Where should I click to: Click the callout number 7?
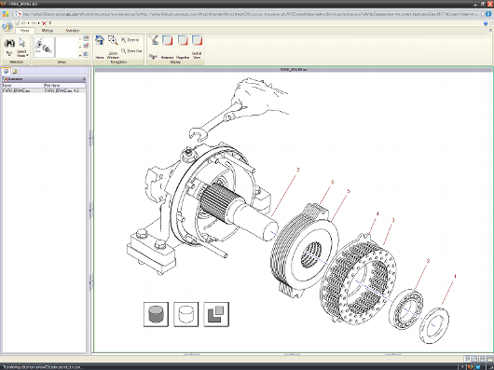[x=297, y=169]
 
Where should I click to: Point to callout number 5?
[x=348, y=191]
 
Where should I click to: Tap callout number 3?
[x=393, y=221]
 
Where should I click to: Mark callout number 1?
[x=454, y=276]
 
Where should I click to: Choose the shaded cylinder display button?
[x=155, y=313]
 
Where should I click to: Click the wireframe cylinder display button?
[x=185, y=313]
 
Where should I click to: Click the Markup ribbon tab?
[x=48, y=30]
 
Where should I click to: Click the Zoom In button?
[x=131, y=40]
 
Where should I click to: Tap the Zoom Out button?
[x=131, y=51]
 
